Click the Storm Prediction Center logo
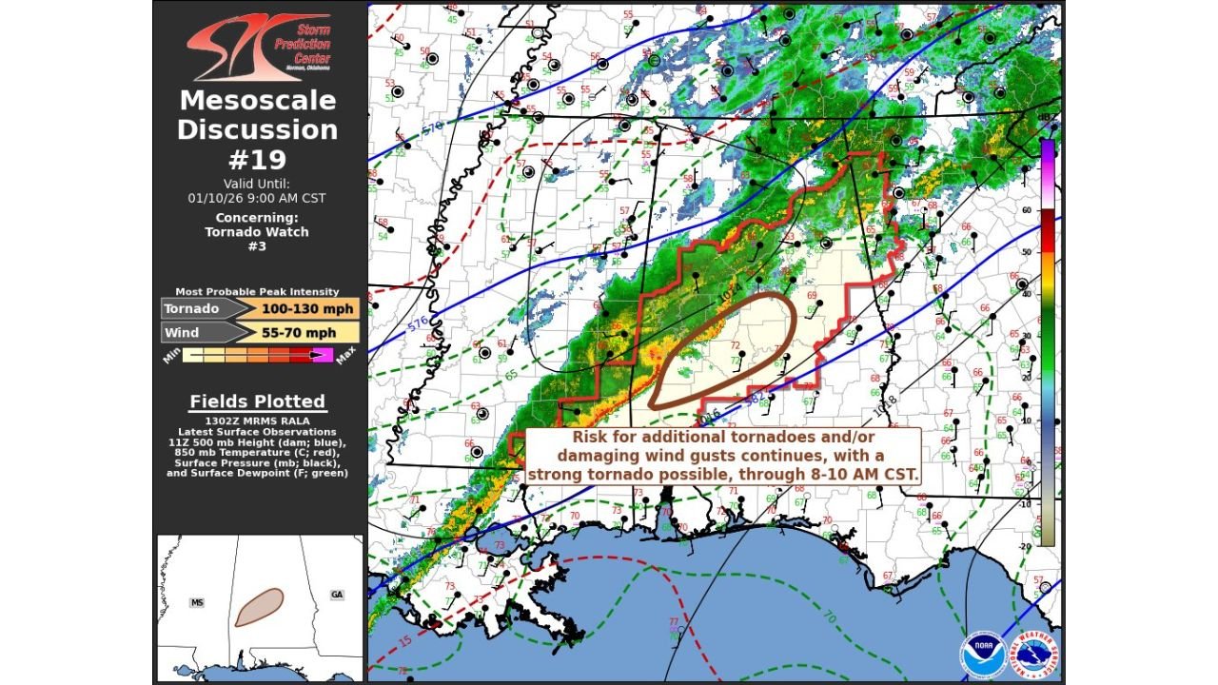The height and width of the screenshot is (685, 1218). pos(258,46)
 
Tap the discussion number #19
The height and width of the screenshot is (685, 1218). pos(257,159)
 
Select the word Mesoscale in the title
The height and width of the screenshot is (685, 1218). pos(257,100)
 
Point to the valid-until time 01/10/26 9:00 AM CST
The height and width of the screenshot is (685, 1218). pos(257,198)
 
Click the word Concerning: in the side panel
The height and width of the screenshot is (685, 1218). pos(257,217)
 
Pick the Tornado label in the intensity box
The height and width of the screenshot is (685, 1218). pos(191,308)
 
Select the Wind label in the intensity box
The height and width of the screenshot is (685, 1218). pos(181,332)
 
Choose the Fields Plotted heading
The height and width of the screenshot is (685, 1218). pos(257,401)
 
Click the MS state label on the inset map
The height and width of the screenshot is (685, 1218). pos(197,602)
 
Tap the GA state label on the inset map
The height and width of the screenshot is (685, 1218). pos(337,595)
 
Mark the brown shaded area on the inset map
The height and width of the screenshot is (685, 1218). pos(259,607)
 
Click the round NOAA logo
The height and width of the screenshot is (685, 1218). pos(982,656)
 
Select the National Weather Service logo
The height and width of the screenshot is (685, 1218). pos(1033,656)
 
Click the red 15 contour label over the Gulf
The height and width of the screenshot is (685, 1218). pos(406,641)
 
